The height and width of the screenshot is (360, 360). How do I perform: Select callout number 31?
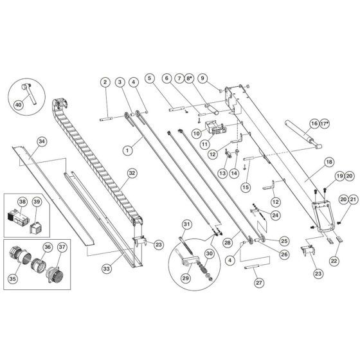(x=186, y=224)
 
